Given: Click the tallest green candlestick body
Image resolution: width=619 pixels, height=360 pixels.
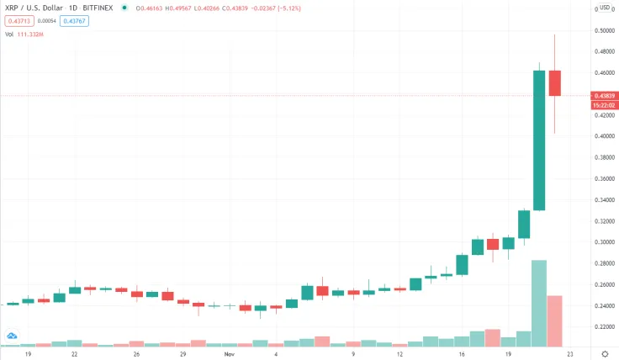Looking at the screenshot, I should pos(539,140).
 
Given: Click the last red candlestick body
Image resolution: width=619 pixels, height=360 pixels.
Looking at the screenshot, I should pos(555,82).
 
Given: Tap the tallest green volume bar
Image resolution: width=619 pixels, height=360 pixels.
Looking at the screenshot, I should pos(539,303).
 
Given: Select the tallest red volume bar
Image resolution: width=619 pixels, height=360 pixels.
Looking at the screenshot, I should pos(555,320).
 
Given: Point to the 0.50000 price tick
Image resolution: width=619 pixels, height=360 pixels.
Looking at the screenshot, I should pos(601,30).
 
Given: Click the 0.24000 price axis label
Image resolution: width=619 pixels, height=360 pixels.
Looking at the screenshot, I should pos(601,306).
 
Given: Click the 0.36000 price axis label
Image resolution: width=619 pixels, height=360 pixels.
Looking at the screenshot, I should pos(601,179).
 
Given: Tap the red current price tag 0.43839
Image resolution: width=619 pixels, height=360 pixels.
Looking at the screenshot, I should pos(601,95).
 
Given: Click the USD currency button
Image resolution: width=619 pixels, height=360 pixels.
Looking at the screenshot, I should pos(604,8).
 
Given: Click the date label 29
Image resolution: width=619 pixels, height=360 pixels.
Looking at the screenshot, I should pos(183,355).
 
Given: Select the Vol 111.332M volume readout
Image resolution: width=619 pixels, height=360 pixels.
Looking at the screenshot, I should pos(24,35).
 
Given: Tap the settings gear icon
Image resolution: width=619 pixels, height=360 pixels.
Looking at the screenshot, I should pos(604,355).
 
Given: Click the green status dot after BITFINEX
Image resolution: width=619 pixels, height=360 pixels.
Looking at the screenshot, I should pos(124,8).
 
